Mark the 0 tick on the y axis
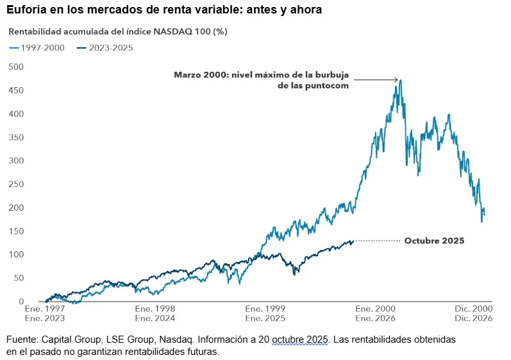(21, 302)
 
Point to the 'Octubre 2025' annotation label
(434, 241)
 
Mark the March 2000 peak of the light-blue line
(400, 80)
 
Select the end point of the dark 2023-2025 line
(353, 241)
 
